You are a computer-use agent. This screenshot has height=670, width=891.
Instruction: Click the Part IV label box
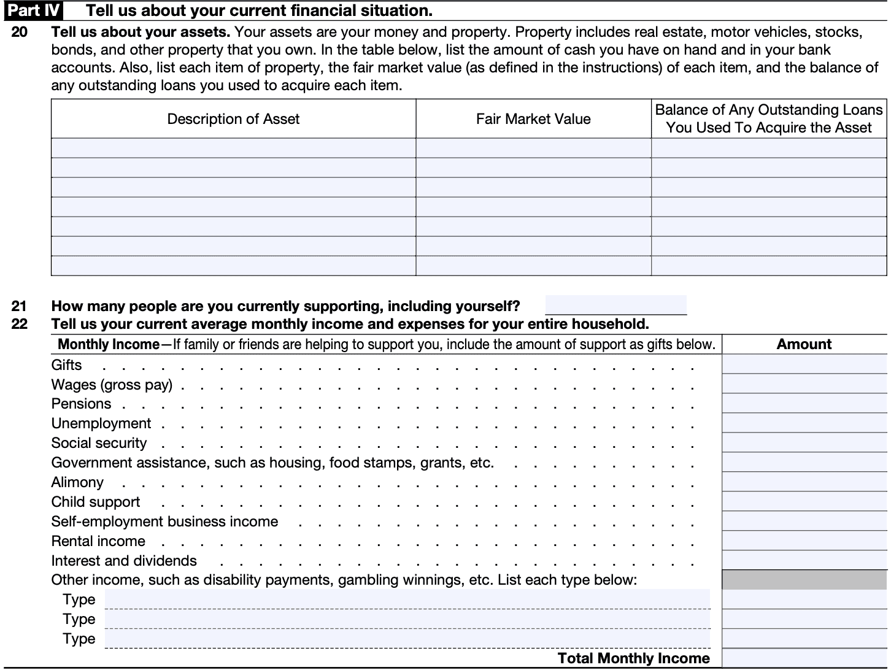coord(34,10)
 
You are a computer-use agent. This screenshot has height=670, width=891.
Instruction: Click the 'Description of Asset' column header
coord(233,119)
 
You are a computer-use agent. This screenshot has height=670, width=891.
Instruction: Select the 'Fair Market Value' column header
coord(533,119)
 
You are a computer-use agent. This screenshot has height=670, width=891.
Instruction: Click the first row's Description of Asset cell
coord(233,148)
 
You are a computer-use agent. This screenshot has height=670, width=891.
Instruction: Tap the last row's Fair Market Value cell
coord(533,266)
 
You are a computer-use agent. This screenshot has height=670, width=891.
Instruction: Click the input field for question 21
coord(615,305)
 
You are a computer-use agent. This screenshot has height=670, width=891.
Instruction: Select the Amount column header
coord(804,344)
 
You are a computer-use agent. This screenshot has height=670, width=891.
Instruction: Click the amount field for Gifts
coord(804,364)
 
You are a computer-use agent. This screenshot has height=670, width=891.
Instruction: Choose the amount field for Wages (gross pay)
coord(804,384)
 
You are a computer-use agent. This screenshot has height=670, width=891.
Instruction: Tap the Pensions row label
coord(81,404)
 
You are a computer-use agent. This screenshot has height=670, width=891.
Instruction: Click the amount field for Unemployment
coord(804,423)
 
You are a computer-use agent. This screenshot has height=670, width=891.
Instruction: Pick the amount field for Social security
coord(804,443)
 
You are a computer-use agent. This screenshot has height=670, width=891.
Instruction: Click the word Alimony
coord(77,482)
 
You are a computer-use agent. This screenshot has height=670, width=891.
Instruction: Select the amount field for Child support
coord(804,502)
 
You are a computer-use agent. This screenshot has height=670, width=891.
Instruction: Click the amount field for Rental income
coord(804,541)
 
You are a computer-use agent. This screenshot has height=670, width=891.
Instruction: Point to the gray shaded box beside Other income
coord(804,580)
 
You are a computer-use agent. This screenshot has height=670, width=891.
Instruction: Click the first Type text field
coord(407,599)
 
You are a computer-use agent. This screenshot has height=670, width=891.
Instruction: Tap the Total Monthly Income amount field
coord(804,658)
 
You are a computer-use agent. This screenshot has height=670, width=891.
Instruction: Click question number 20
coord(19,32)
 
